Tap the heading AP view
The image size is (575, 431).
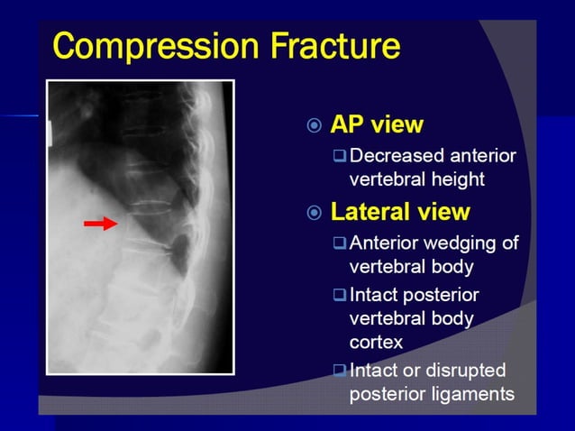[x=377, y=124]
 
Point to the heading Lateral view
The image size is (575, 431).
[x=400, y=212]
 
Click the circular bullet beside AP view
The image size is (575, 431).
[x=314, y=125]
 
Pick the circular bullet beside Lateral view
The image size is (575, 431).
[x=314, y=213]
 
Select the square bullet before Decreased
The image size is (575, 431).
[x=339, y=156]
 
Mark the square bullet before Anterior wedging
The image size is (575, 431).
[x=339, y=243]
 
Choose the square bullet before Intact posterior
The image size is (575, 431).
[x=339, y=295]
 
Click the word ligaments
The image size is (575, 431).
[x=475, y=394]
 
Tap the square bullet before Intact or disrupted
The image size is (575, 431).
[x=339, y=371]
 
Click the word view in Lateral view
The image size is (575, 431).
[x=442, y=212]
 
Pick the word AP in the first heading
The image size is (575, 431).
[x=350, y=124]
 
